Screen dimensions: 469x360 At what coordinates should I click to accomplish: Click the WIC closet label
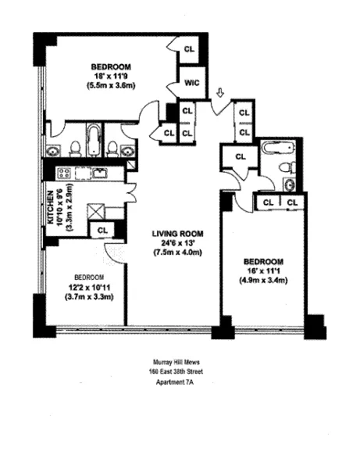pyautogui.click(x=189, y=82)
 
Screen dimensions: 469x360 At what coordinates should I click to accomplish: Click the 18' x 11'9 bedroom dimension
pyautogui.click(x=110, y=76)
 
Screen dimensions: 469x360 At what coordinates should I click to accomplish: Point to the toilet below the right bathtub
pyautogui.click(x=287, y=166)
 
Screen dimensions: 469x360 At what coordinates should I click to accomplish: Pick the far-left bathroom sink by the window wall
pyautogui.click(x=52, y=151)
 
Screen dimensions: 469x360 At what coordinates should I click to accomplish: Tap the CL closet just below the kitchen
pyautogui.click(x=100, y=230)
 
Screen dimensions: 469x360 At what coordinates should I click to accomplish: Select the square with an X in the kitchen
pyautogui.click(x=73, y=211)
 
